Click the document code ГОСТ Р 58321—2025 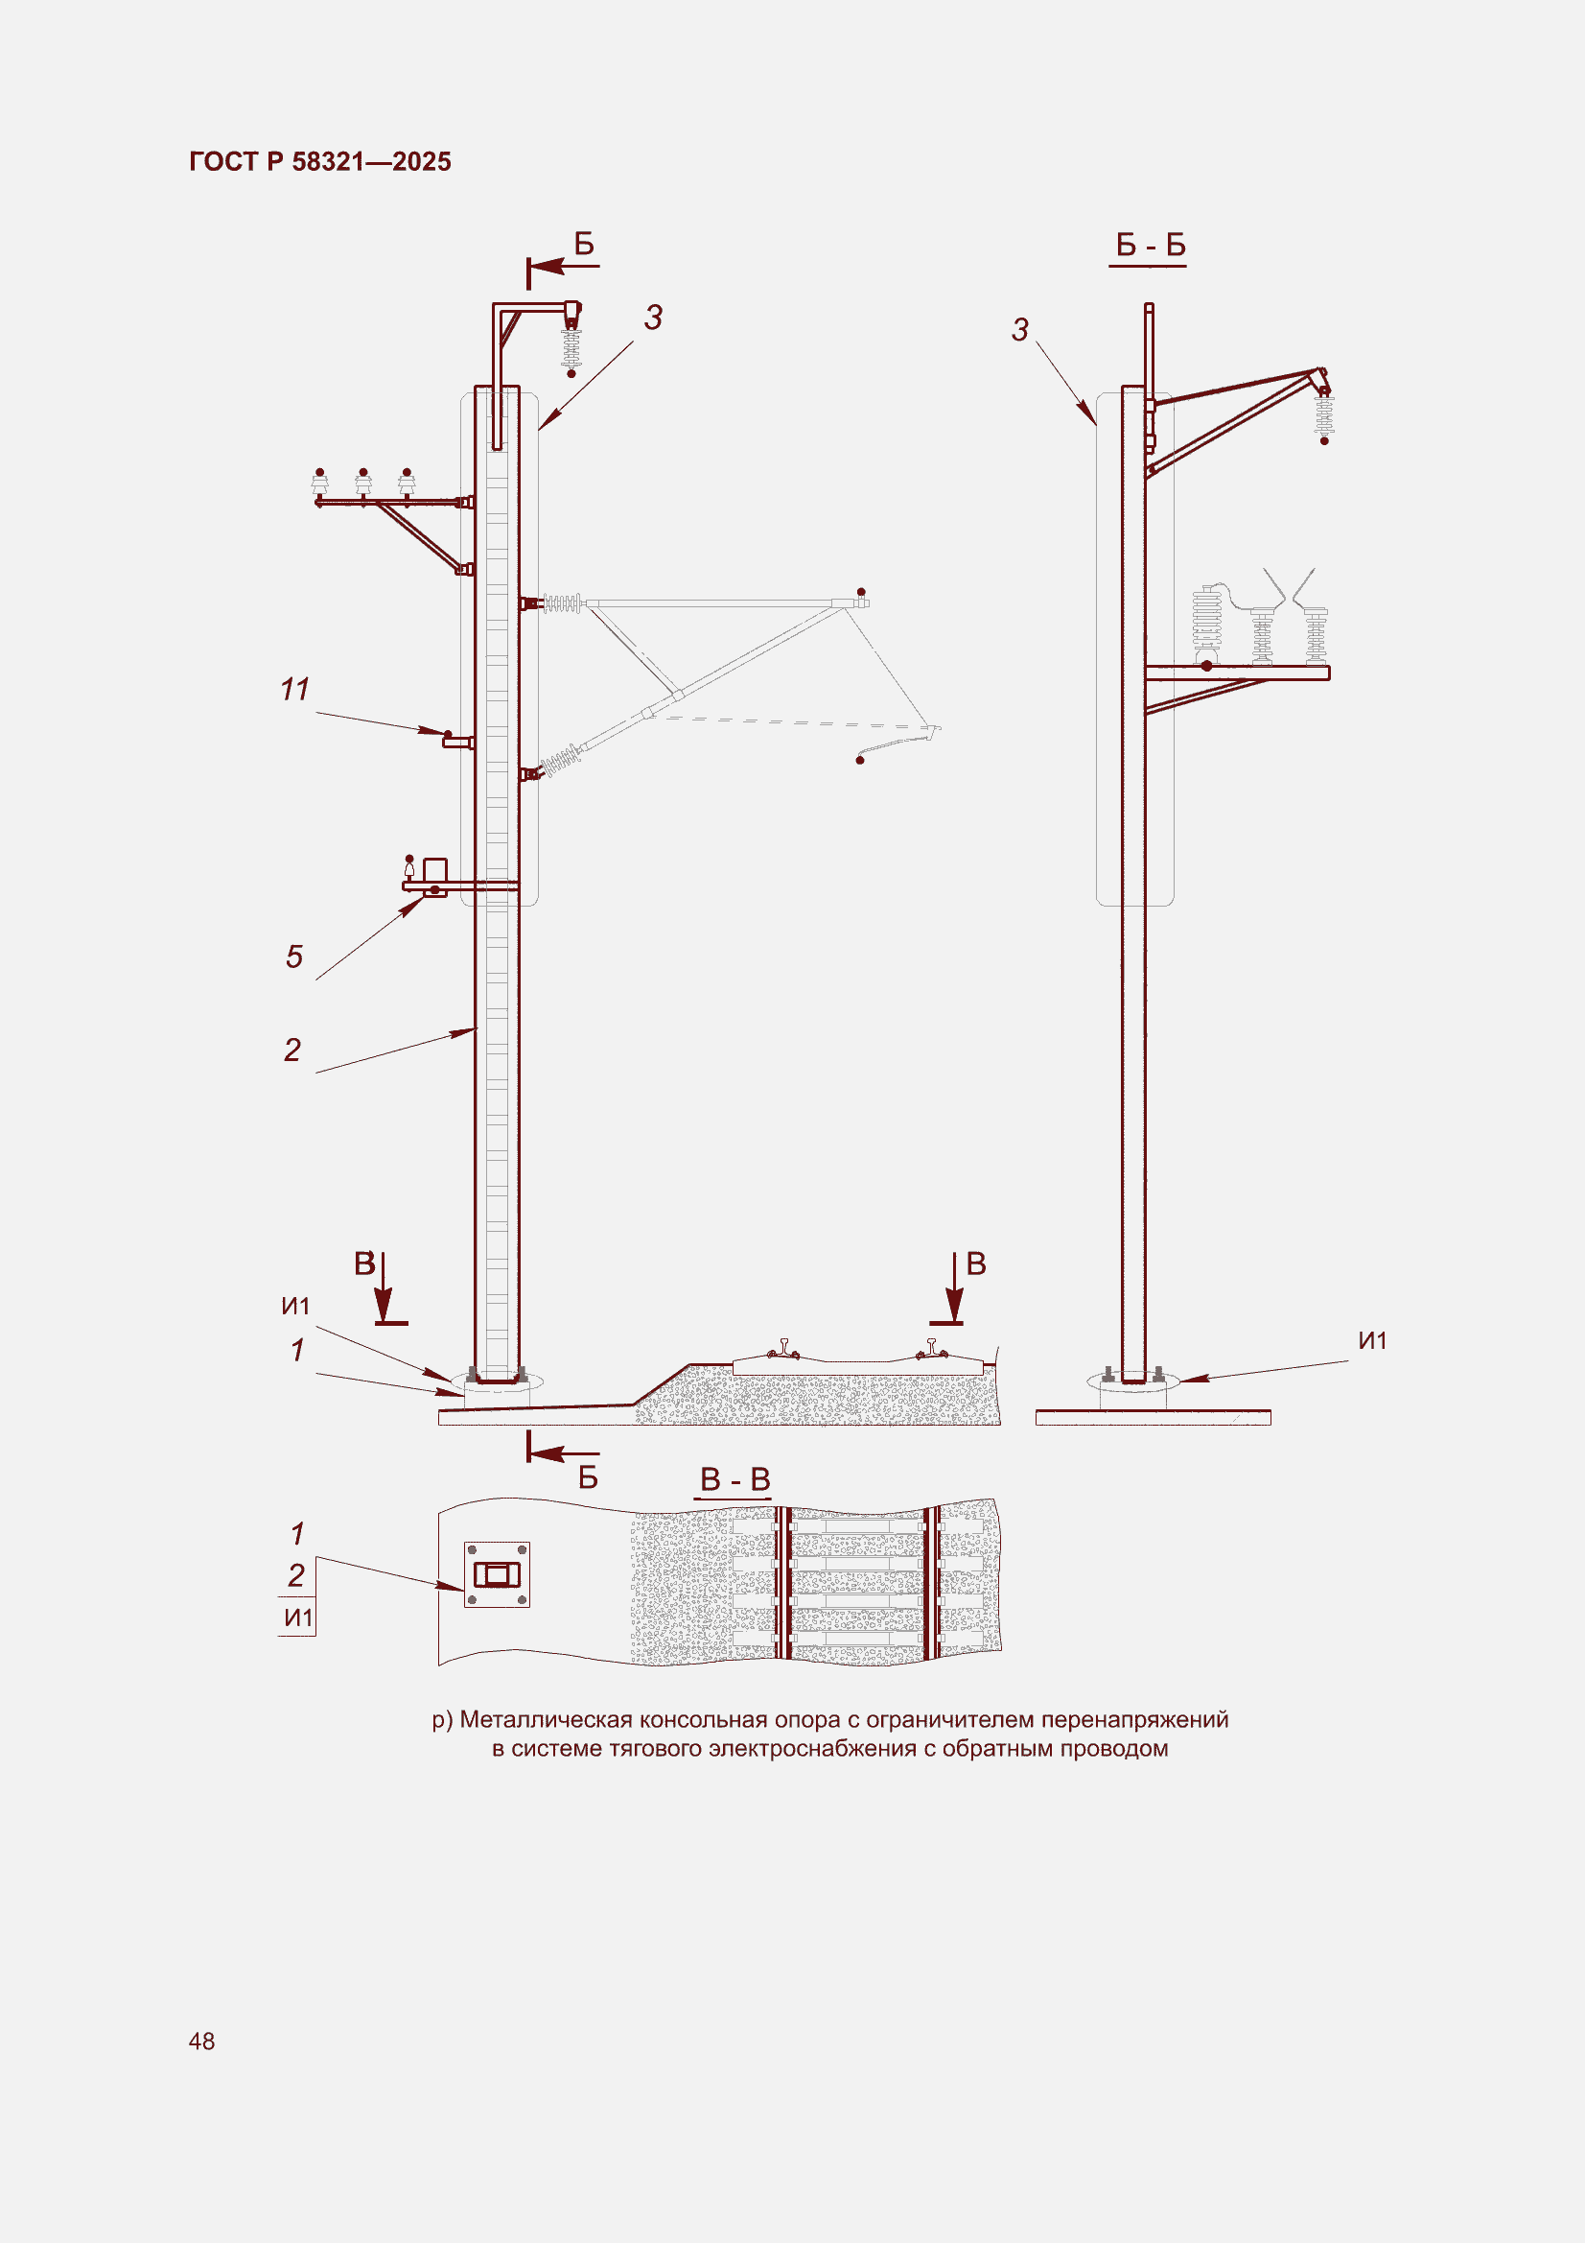(x=320, y=161)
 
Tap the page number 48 (x=202, y=2041)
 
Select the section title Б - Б (x=1151, y=246)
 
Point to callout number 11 (x=295, y=690)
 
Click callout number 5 (x=294, y=956)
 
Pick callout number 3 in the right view (x=1019, y=330)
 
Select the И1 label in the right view (x=1372, y=1340)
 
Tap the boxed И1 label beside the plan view (x=298, y=1617)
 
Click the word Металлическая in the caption (x=546, y=1719)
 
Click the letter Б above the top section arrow (x=584, y=244)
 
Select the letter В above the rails (x=975, y=1263)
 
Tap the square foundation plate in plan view (x=496, y=1574)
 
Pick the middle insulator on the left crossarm (x=363, y=483)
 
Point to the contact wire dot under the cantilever (x=860, y=760)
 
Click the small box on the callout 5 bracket (x=434, y=869)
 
